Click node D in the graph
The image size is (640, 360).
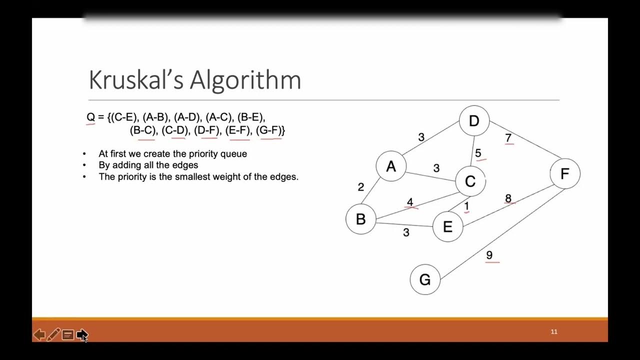(474, 120)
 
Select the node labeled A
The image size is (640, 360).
(391, 166)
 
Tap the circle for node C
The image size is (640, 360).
(470, 181)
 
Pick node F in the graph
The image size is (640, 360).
(564, 173)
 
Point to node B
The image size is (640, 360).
(360, 219)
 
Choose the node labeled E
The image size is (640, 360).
(447, 226)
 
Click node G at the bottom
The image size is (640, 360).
(425, 279)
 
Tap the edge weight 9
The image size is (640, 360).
(489, 255)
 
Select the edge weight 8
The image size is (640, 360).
(508, 198)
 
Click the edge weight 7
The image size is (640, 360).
(508, 137)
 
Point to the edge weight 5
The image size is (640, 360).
(478, 153)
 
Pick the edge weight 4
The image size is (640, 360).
(410, 202)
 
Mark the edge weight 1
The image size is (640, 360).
(466, 206)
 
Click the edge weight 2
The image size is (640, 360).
(361, 187)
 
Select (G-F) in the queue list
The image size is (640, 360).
(270, 130)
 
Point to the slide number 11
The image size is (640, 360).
(554, 331)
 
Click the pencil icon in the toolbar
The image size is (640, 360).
(53, 334)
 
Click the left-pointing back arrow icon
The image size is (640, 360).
(39, 334)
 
